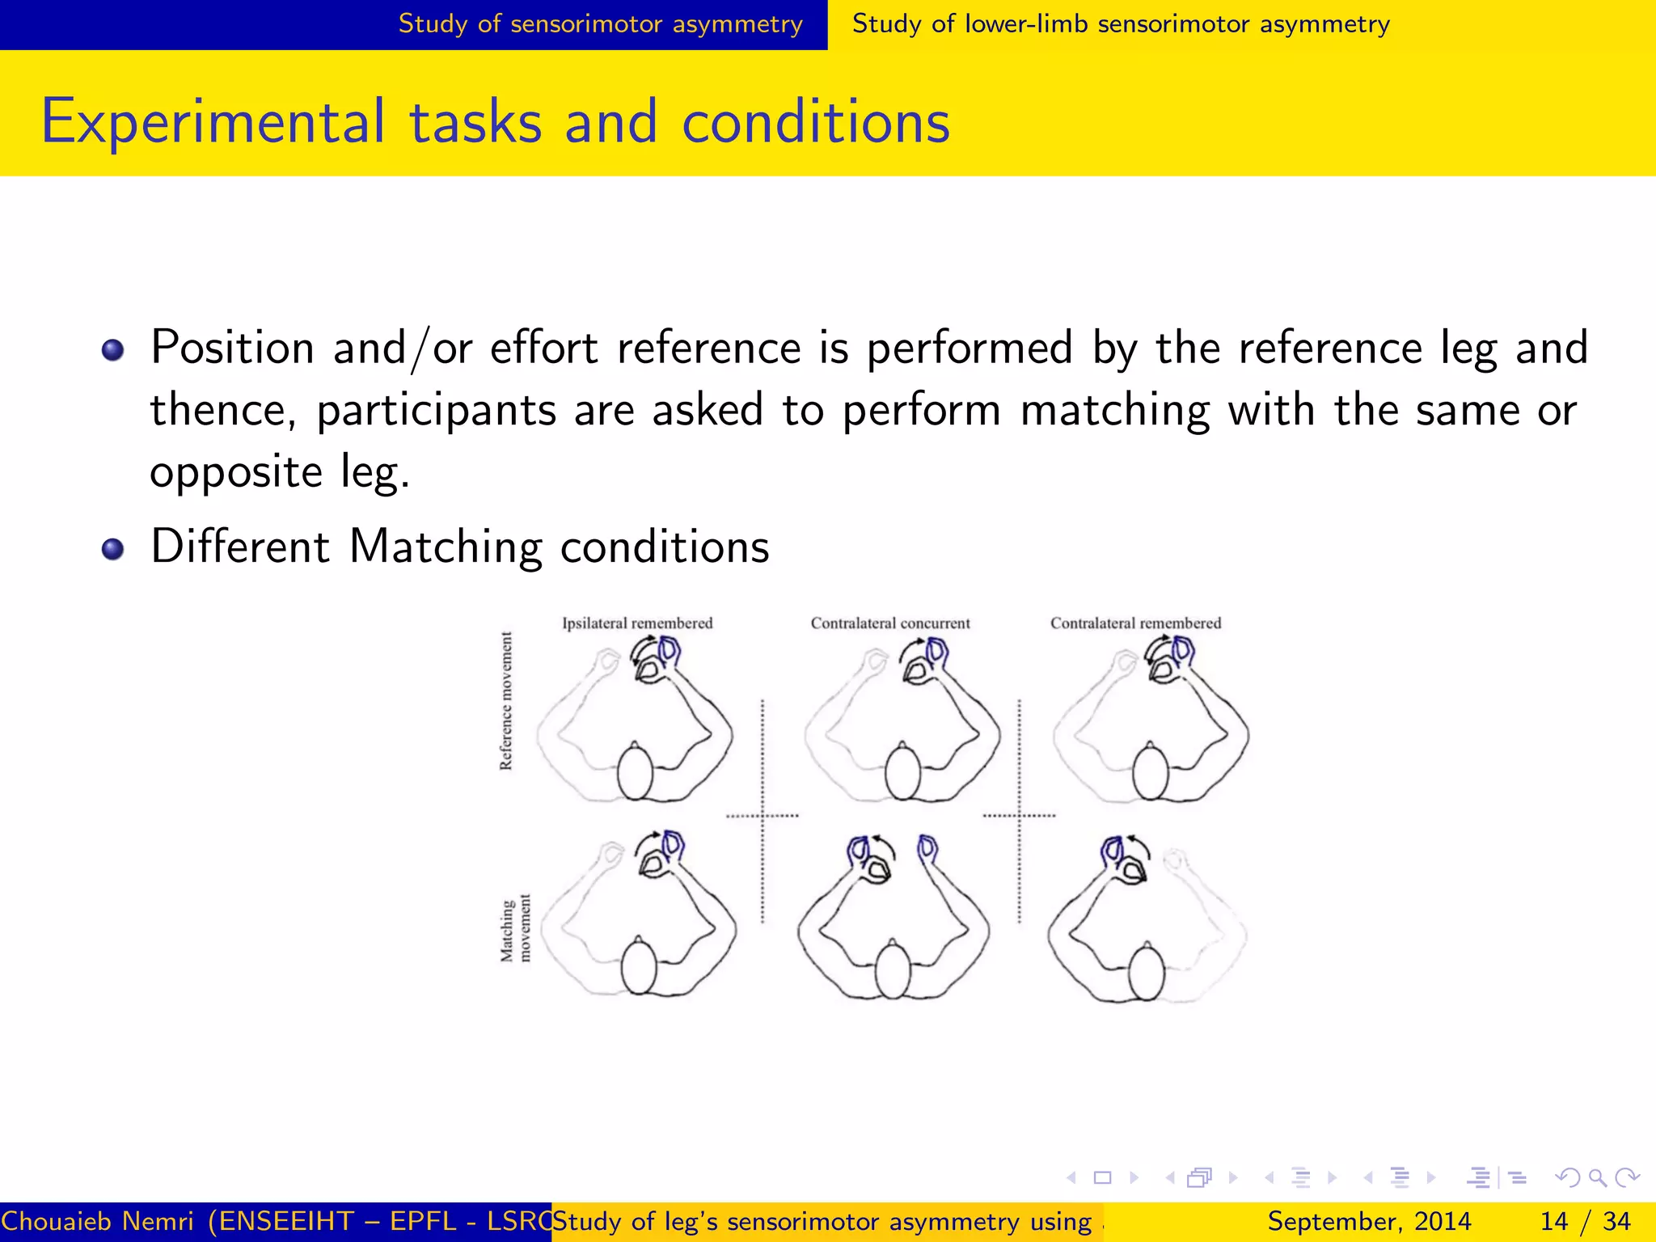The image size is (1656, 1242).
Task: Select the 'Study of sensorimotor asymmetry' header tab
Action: tap(600, 24)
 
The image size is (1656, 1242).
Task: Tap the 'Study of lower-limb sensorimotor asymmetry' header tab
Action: tap(1121, 24)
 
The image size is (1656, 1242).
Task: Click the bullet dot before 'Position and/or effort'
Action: tap(113, 350)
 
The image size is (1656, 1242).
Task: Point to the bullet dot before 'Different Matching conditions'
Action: tap(113, 549)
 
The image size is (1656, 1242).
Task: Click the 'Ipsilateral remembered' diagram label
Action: tap(637, 623)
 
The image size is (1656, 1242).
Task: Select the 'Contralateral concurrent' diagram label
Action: tap(890, 623)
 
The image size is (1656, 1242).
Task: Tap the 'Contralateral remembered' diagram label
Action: tap(1135, 623)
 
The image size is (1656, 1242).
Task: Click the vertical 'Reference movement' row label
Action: tap(506, 701)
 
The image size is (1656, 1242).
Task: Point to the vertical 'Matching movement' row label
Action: tap(515, 929)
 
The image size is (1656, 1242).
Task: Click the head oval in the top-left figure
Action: tap(635, 771)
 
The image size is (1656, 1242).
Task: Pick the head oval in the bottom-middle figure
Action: tap(893, 971)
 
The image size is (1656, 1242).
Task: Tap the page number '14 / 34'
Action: tap(1585, 1221)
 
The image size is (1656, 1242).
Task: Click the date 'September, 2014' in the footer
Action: tap(1369, 1221)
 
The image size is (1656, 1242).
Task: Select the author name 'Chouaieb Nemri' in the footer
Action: tap(97, 1221)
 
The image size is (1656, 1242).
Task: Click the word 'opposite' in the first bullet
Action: tap(237, 471)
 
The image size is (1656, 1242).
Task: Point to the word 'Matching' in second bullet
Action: tap(446, 547)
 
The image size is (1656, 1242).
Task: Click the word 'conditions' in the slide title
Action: tap(816, 121)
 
